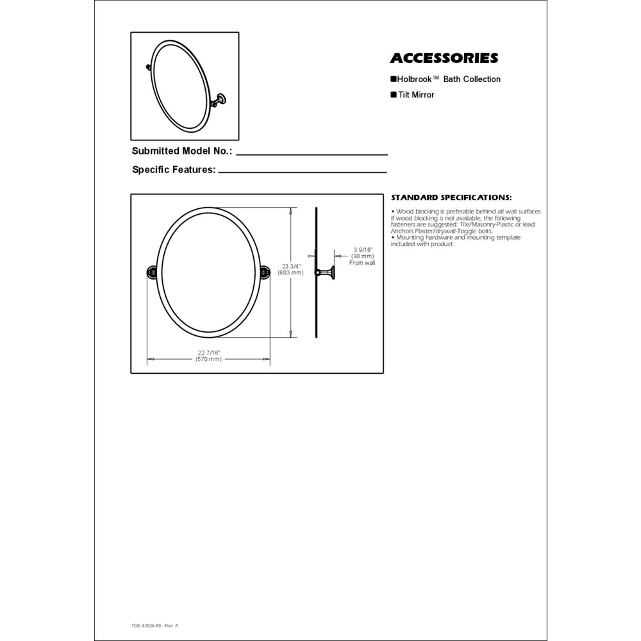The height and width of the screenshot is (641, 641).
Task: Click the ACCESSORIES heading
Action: tap(444, 58)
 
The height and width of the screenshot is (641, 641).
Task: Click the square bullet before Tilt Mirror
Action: tap(394, 95)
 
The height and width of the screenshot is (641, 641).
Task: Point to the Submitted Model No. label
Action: tap(182, 151)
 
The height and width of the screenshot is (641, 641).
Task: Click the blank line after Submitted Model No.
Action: tap(312, 154)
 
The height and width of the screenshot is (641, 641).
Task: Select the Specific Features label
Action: tap(173, 170)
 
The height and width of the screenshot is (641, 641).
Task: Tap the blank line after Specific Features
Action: tap(303, 172)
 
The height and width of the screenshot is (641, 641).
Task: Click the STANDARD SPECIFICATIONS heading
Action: tap(451, 197)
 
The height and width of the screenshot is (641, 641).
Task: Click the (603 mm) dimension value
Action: tap(291, 273)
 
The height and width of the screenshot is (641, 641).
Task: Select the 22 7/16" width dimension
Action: tap(209, 353)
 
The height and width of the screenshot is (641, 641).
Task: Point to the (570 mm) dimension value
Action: tap(209, 360)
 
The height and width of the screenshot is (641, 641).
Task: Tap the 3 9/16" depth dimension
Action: tap(363, 249)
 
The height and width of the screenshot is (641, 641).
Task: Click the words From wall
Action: tap(362, 263)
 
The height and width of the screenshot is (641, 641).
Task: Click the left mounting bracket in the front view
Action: tap(152, 273)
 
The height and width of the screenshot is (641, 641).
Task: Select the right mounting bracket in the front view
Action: tap(265, 273)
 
